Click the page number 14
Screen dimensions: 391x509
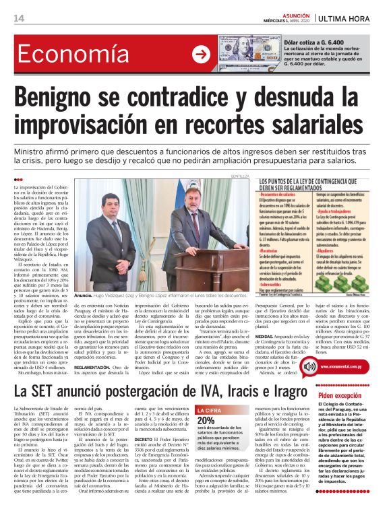20,18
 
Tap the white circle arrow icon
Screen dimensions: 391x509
200,55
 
